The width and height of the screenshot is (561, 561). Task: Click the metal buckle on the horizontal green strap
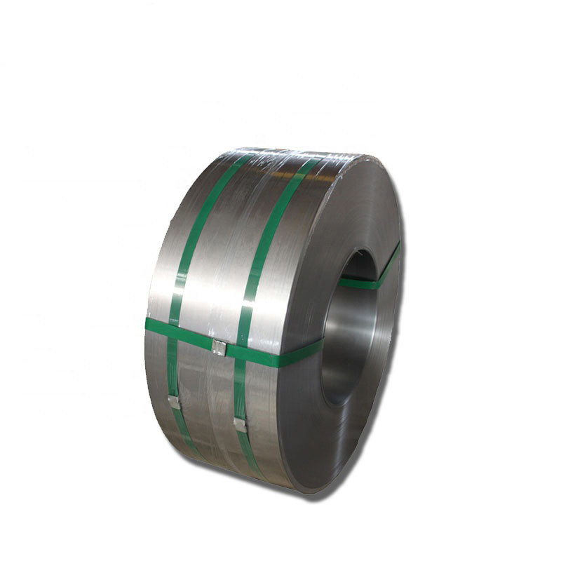(x=219, y=346)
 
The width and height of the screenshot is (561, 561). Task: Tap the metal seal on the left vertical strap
(x=173, y=402)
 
